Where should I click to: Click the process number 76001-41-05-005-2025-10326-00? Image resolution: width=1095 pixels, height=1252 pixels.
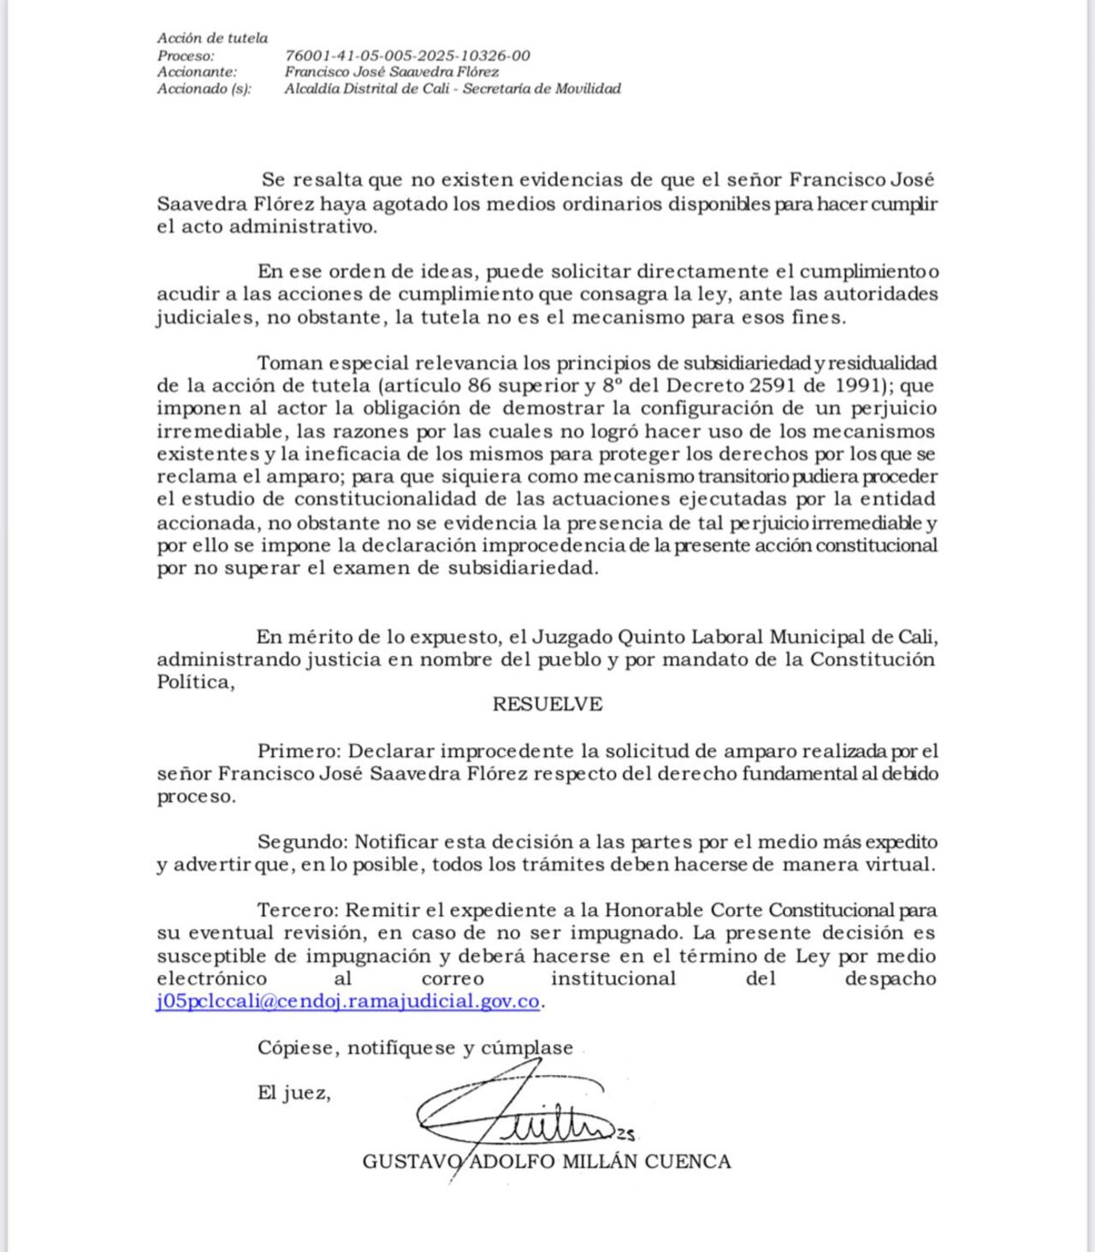tap(407, 56)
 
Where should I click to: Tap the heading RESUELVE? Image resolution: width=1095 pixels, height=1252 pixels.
tap(547, 705)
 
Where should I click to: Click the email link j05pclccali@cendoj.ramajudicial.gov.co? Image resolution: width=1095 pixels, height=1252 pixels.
tap(348, 1001)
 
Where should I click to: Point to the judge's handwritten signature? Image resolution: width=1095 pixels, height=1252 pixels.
tap(522, 1112)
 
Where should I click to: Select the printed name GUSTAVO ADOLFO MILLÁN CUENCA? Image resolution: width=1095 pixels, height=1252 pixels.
tap(547, 1161)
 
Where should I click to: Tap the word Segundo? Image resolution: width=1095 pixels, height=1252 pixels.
tap(303, 842)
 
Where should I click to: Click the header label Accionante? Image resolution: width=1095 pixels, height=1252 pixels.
tap(198, 72)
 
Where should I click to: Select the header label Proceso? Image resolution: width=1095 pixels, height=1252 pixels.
tap(186, 56)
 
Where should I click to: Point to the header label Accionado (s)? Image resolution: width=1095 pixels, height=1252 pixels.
tap(204, 89)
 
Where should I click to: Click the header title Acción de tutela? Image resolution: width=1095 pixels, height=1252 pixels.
tap(212, 38)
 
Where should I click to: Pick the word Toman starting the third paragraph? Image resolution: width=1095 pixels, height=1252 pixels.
tap(289, 363)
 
